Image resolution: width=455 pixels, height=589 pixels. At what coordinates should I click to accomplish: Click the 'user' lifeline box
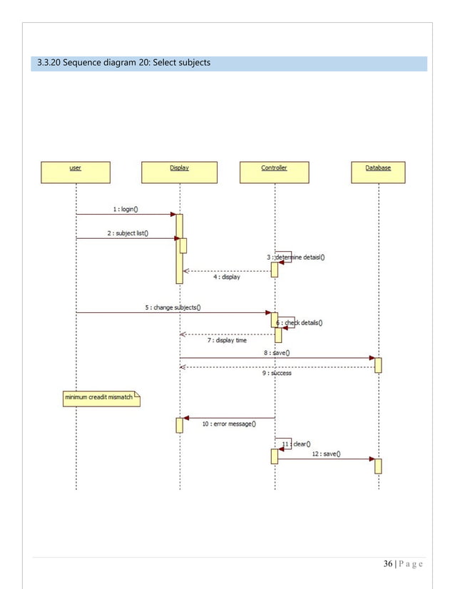(75, 172)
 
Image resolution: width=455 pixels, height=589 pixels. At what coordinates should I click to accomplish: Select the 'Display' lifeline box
(180, 172)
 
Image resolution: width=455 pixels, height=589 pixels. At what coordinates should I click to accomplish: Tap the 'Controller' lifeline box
(274, 172)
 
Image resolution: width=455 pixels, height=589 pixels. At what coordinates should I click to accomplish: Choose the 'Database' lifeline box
(378, 172)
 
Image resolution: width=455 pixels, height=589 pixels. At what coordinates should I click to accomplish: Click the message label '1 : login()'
(126, 209)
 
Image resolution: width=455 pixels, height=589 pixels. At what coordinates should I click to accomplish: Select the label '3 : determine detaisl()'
(295, 257)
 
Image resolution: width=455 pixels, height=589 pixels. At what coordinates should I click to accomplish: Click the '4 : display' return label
(227, 277)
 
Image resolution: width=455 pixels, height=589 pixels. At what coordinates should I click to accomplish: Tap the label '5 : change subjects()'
(173, 307)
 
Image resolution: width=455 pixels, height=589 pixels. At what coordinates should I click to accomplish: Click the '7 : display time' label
(227, 341)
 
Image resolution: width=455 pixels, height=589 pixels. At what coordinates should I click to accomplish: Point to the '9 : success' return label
(277, 373)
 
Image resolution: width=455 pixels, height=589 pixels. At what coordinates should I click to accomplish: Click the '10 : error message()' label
(229, 424)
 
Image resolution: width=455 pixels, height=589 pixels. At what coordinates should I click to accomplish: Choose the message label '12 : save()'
(326, 454)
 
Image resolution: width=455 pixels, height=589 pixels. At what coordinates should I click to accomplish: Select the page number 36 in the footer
(388, 564)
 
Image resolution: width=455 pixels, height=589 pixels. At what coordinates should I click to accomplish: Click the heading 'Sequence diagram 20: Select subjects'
(124, 63)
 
